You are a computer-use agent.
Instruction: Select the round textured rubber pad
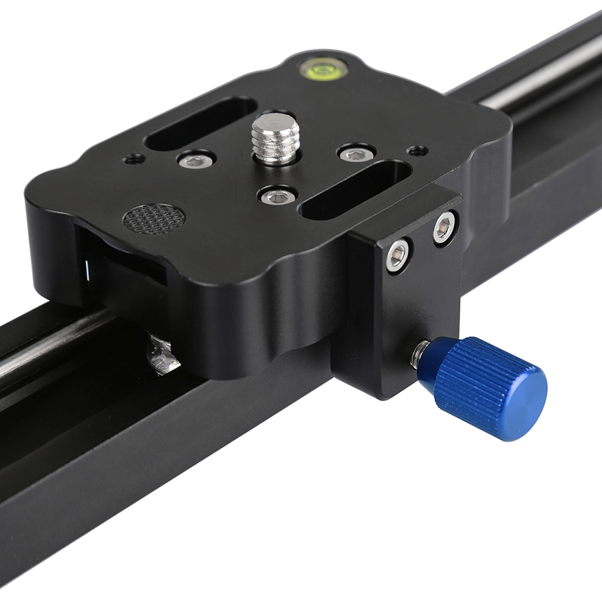[154, 218]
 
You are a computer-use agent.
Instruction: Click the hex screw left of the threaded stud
[197, 161]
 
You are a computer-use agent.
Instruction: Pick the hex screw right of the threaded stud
[356, 155]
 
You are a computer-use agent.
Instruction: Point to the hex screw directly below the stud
[278, 196]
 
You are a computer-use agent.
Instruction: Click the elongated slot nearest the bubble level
[201, 123]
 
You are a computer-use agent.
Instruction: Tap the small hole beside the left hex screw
[134, 159]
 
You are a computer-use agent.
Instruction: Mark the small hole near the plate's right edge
[418, 150]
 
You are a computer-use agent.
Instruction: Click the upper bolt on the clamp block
[444, 228]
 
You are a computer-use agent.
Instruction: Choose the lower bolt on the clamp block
[397, 256]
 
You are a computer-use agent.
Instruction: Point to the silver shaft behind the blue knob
[420, 353]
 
